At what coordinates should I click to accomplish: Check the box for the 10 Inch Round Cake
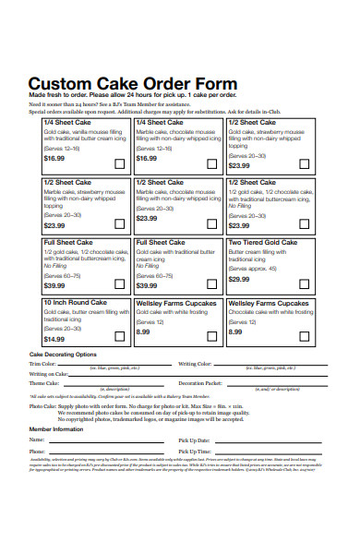pyautogui.click(x=120, y=337)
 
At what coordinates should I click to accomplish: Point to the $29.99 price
pyautogui.click(x=238, y=279)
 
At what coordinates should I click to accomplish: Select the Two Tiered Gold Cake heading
pyautogui.click(x=263, y=243)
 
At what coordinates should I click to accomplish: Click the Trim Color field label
pyautogui.click(x=43, y=364)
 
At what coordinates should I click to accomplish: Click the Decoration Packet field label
pyautogui.click(x=200, y=382)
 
